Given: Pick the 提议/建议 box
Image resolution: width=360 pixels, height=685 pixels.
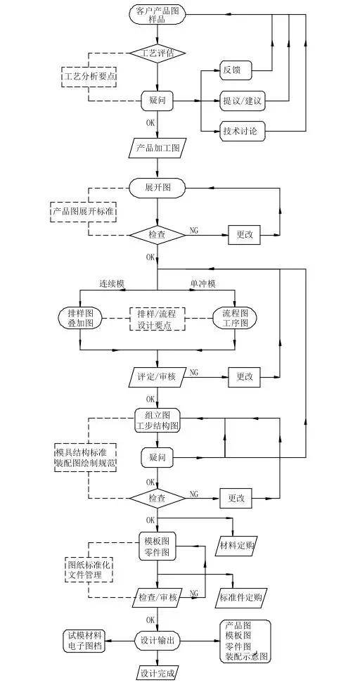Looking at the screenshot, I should coord(243,101).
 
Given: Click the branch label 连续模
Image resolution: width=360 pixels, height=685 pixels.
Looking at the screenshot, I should coord(110,284).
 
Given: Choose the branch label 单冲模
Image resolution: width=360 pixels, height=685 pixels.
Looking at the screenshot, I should coord(203,284).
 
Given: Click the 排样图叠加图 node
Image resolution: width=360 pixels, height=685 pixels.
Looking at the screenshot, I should coord(80,319).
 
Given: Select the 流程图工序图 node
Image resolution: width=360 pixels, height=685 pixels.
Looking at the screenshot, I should coord(235,319).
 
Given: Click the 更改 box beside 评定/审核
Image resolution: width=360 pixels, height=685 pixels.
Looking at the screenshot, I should coord(245,376).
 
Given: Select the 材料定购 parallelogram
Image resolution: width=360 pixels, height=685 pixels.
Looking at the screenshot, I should coord(237,546).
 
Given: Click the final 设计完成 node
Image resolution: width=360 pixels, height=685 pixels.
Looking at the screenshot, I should coord(157,672).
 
